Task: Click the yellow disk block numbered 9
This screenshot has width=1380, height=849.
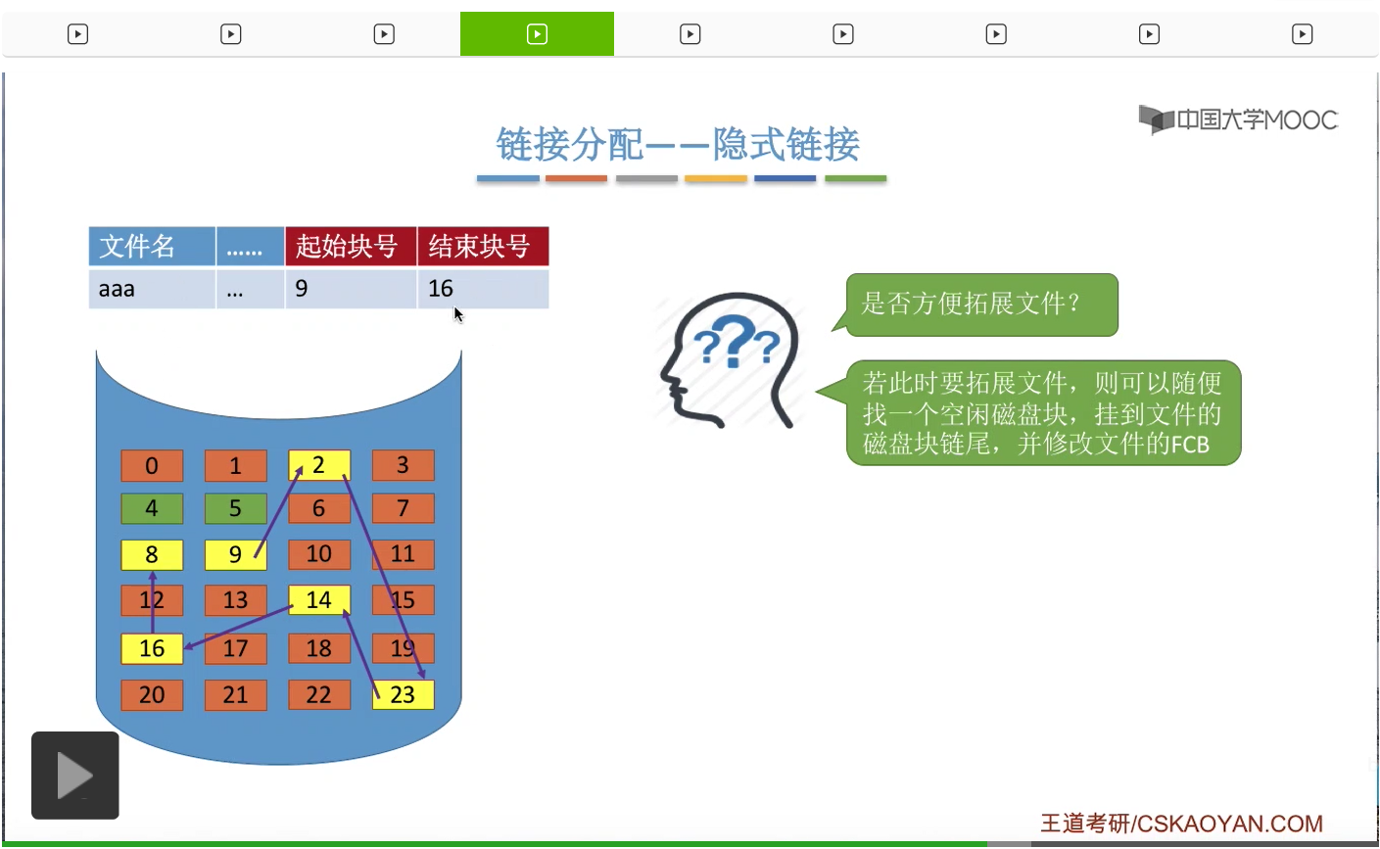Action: point(235,554)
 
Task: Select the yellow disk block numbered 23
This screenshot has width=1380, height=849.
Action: point(403,694)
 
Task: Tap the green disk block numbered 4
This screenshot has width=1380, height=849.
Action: point(152,508)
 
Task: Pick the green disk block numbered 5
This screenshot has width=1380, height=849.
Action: point(235,508)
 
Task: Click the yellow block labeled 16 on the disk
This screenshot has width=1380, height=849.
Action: point(152,648)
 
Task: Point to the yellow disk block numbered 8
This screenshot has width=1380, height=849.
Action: point(152,554)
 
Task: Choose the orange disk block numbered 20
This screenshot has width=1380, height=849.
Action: point(152,694)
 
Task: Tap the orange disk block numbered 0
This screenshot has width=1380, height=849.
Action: point(152,465)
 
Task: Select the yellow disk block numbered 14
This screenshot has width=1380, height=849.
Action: point(319,599)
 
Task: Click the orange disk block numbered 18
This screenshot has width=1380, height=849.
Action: point(319,648)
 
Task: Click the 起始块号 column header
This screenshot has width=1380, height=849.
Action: point(350,246)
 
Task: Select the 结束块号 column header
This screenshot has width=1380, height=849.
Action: point(482,246)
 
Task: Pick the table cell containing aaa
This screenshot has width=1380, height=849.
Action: point(151,289)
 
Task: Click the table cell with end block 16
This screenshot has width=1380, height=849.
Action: point(482,289)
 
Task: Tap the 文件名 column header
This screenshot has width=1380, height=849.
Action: point(151,246)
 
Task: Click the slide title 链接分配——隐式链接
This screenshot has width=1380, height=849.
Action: point(678,145)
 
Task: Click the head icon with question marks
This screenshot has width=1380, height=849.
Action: point(730,359)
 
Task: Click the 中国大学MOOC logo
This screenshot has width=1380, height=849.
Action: point(1238,119)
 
